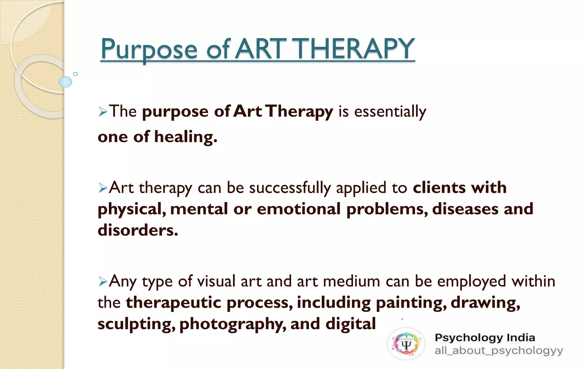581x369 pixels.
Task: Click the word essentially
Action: click(x=390, y=112)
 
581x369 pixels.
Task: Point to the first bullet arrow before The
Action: click(x=103, y=112)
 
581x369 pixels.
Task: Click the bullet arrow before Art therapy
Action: click(x=103, y=188)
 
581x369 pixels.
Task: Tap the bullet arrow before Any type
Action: click(x=103, y=282)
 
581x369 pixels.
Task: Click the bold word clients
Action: click(x=439, y=188)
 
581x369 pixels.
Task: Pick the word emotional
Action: click(x=298, y=209)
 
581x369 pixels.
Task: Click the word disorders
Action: click(x=138, y=230)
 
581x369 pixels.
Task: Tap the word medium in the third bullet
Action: click(x=351, y=282)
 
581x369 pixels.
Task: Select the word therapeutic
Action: click(x=173, y=303)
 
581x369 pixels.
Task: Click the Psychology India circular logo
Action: click(x=406, y=344)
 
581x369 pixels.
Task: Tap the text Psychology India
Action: click(x=485, y=337)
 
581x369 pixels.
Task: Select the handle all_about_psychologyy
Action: click(x=498, y=351)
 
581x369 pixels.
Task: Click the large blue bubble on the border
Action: click(x=65, y=82)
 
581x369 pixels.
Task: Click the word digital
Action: click(x=351, y=324)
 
